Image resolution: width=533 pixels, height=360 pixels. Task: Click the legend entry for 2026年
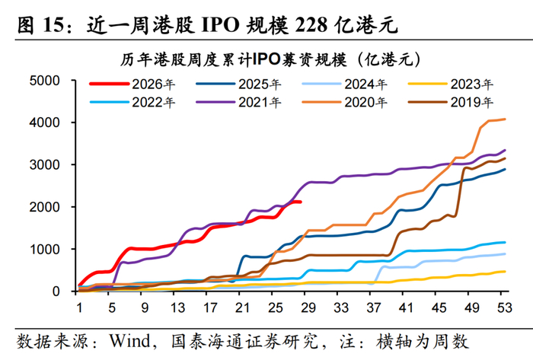click(x=132, y=84)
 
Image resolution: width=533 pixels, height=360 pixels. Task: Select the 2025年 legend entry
click(x=238, y=84)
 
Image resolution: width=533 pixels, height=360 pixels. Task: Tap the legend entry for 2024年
click(x=345, y=84)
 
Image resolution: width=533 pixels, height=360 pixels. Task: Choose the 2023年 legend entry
click(x=451, y=84)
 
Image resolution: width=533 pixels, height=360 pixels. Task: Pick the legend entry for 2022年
click(x=132, y=102)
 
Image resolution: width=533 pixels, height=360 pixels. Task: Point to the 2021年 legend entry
click(x=238, y=102)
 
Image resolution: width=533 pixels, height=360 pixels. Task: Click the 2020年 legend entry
click(x=345, y=102)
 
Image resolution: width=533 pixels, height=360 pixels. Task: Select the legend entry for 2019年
click(x=451, y=102)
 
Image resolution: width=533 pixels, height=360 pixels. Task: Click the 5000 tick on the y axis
click(x=44, y=81)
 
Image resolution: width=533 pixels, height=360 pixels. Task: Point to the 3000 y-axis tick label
click(x=44, y=164)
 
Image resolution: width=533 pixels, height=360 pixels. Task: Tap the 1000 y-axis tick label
click(x=44, y=250)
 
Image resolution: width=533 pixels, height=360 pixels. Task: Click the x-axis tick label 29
click(x=308, y=307)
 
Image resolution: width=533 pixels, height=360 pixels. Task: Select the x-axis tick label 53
click(x=504, y=307)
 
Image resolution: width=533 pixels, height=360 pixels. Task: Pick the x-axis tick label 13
click(x=177, y=307)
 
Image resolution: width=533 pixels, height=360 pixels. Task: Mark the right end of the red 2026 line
click(x=301, y=202)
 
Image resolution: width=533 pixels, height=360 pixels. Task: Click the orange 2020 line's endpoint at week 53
click(x=505, y=119)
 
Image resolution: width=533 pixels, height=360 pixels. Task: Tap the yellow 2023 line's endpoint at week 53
click(x=505, y=272)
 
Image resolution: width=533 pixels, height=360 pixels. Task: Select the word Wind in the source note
click(x=129, y=341)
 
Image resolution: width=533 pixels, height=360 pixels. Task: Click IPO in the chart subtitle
click(x=266, y=59)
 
